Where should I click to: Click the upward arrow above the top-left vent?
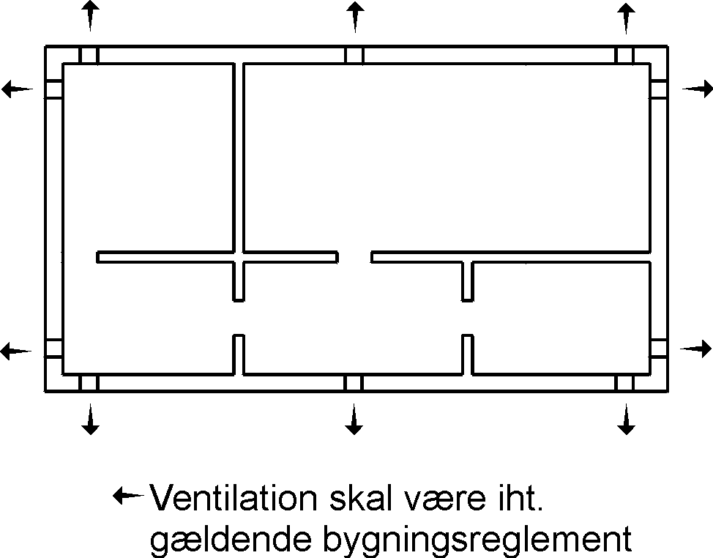[89, 15]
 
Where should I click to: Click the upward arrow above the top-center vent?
[354, 16]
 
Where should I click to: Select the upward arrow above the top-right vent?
[625, 16]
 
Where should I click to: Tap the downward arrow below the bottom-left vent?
[89, 420]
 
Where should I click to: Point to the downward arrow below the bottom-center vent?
[354, 420]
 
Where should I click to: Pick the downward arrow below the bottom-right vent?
[625, 420]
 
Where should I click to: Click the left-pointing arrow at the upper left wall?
[16, 89]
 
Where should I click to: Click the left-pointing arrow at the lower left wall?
[16, 350]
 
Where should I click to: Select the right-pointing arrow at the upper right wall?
[697, 89]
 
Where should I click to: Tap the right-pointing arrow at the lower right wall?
[695, 349]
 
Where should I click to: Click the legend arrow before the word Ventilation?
[127, 496]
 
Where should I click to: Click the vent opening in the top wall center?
[354, 55]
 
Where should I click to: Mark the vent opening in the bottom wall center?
[354, 383]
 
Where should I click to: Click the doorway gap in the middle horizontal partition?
[354, 257]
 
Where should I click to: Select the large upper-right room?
[447, 157]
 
